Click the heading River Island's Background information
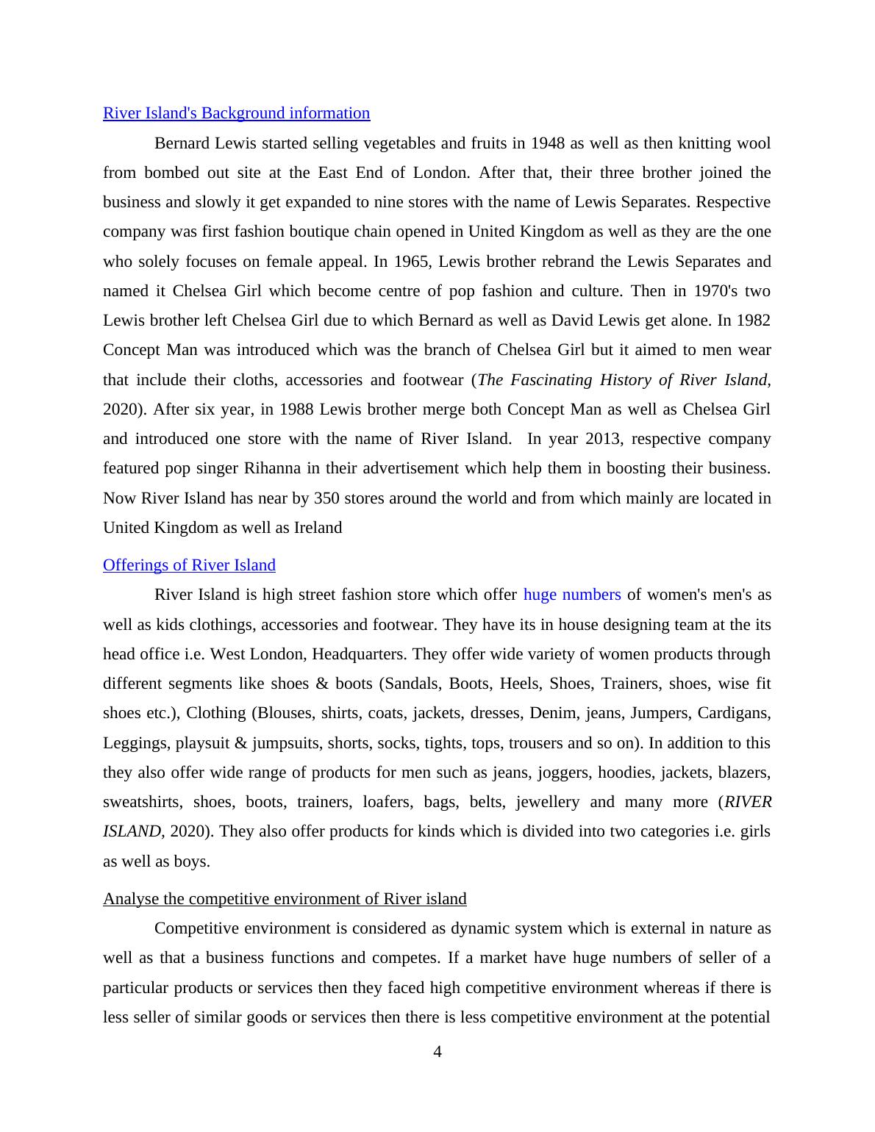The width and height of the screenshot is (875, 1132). click(236, 113)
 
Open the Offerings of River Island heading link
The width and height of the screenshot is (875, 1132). click(189, 565)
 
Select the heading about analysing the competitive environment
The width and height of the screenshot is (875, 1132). click(285, 899)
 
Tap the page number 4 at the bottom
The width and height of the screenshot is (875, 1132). click(438, 1052)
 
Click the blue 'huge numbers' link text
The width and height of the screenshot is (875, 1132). click(572, 595)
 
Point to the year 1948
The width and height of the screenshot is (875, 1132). click(547, 143)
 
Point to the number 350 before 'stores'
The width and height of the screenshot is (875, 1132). click(326, 498)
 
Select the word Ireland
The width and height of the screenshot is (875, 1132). click(318, 528)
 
